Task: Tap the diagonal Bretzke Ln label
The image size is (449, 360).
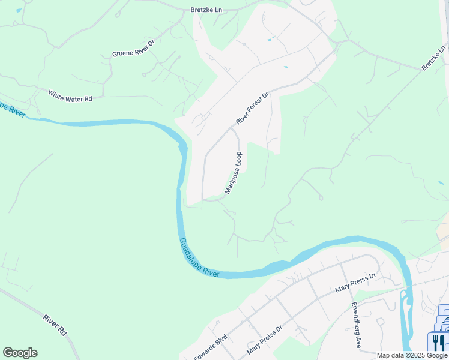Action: tap(433, 58)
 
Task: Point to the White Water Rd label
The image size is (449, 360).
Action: tap(70, 96)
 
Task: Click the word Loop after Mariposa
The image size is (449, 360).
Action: tap(239, 160)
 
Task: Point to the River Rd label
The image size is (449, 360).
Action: tap(54, 324)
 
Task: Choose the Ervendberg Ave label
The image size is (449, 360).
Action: tap(356, 325)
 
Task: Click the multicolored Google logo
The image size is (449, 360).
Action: tap(20, 353)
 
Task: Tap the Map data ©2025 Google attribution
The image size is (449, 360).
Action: tap(412, 355)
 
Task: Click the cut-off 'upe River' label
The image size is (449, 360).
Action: tap(13, 108)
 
